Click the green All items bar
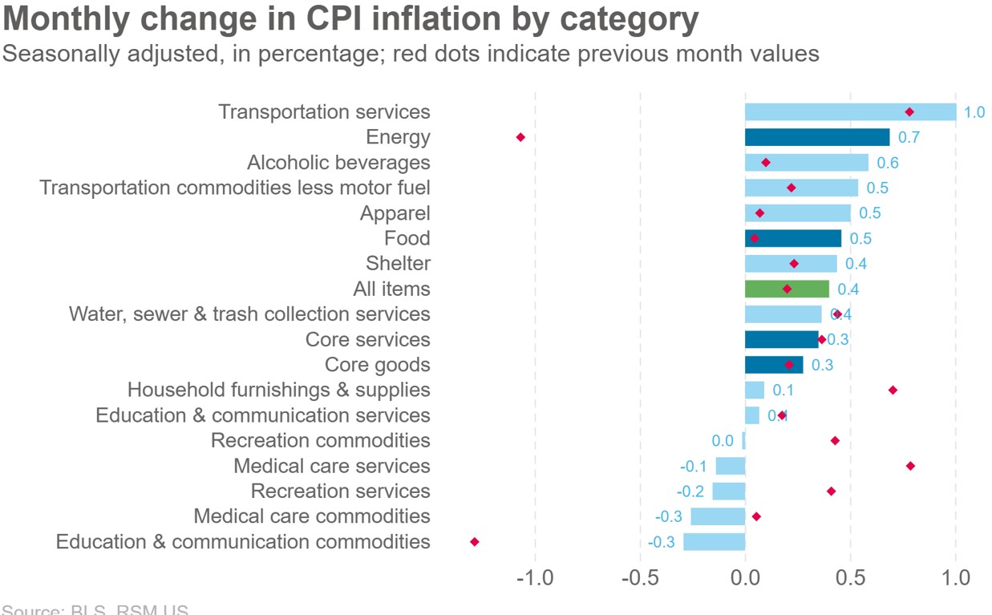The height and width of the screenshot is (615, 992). (787, 289)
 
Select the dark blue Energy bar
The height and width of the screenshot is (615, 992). (816, 137)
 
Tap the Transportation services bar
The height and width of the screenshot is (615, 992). (850, 111)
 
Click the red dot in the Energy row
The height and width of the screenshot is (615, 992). (520, 137)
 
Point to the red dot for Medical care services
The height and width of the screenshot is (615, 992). (910, 466)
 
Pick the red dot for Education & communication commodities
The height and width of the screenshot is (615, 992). (475, 542)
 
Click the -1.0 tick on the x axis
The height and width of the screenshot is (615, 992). (534, 578)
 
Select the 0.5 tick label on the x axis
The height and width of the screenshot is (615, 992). (850, 578)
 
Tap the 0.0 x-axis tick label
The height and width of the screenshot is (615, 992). (745, 578)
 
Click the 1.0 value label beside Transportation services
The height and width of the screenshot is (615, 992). (974, 112)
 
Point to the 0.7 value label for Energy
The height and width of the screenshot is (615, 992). (909, 137)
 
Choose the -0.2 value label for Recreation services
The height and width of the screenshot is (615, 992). (690, 492)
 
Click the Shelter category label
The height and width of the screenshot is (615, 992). (398, 263)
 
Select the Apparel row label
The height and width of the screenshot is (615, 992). (395, 213)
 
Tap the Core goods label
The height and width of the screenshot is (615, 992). (377, 365)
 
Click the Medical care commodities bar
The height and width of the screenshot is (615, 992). (718, 516)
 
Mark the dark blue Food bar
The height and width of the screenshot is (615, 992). (793, 238)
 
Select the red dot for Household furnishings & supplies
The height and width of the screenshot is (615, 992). (893, 390)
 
